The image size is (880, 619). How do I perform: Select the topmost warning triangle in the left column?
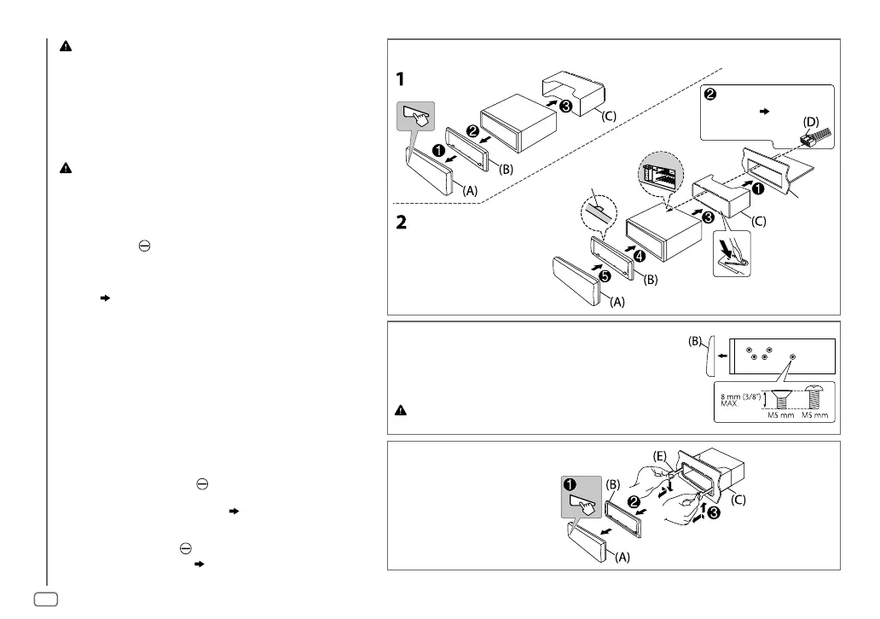point(65,48)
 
